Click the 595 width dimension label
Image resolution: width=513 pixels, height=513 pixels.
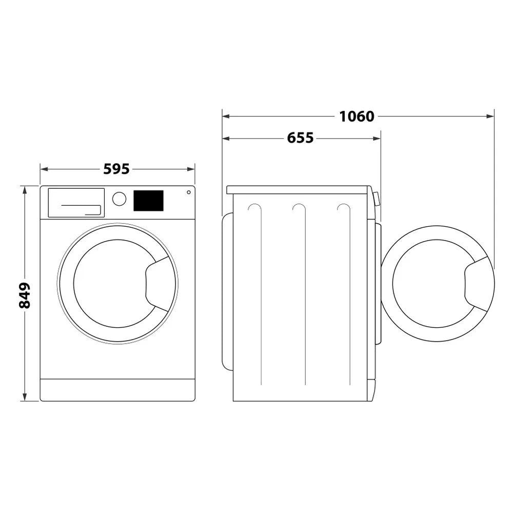tap(116, 169)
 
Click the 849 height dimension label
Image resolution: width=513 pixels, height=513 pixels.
tap(25, 295)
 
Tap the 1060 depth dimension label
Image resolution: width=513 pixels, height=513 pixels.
tap(357, 116)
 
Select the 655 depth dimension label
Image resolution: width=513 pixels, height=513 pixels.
tap(300, 138)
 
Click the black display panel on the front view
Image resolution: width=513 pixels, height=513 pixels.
tap(148, 201)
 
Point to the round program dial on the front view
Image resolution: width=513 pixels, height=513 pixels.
tap(119, 199)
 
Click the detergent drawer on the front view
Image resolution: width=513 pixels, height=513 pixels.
tap(76, 202)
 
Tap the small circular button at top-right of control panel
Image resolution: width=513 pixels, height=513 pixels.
tap(189, 192)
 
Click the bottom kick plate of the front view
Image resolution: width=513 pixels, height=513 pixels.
tap(117, 390)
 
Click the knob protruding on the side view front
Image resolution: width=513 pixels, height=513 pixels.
tap(377, 199)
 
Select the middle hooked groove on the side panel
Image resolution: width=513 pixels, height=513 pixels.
tap(300, 208)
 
